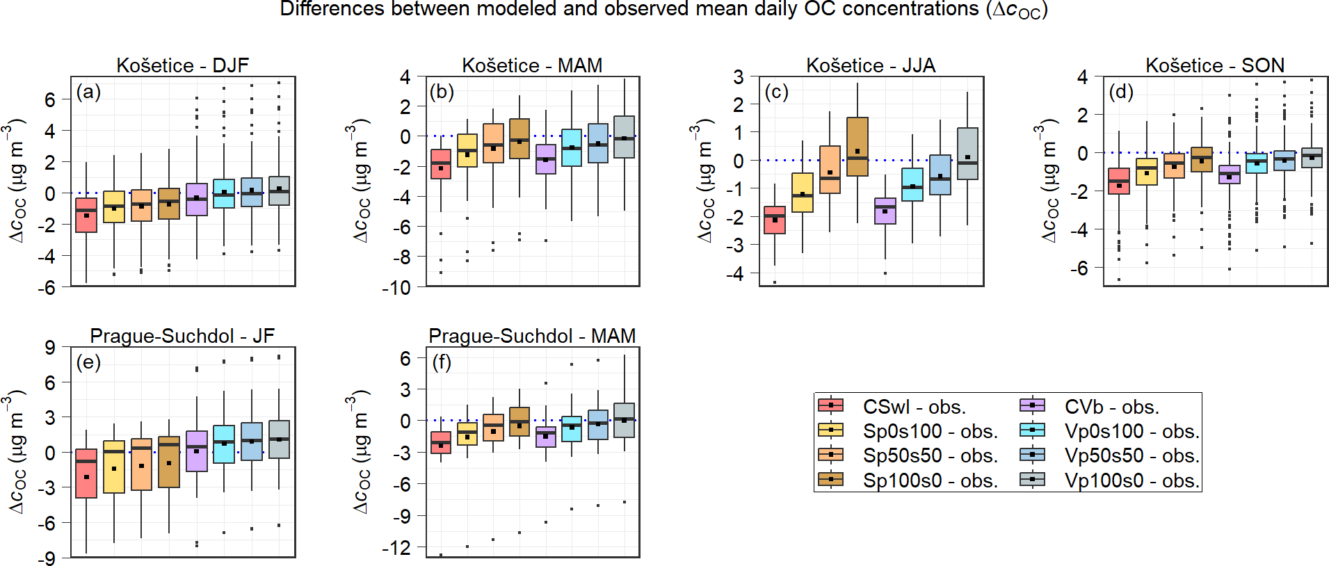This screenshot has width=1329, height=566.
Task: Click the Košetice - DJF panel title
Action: click(182, 65)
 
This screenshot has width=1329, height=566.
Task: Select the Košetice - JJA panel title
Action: click(871, 65)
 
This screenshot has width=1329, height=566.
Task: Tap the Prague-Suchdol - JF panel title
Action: click(182, 336)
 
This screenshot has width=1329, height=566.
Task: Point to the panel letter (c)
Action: click(776, 92)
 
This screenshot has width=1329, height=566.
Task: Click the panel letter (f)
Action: click(442, 362)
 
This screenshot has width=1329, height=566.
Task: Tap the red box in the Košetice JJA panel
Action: click(775, 220)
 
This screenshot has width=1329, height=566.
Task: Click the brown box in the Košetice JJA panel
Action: click(857, 147)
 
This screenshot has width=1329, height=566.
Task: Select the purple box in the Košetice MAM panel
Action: click(546, 159)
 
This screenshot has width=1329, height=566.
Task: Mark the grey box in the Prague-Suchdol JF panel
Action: click(279, 439)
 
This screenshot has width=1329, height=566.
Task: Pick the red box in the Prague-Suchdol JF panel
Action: click(86, 474)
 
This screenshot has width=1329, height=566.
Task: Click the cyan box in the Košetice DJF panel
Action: click(224, 193)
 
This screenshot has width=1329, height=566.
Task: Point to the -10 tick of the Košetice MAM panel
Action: click(396, 287)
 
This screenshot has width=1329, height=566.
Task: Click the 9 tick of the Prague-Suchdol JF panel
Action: click(50, 347)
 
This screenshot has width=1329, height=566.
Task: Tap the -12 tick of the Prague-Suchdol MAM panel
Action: click(396, 548)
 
